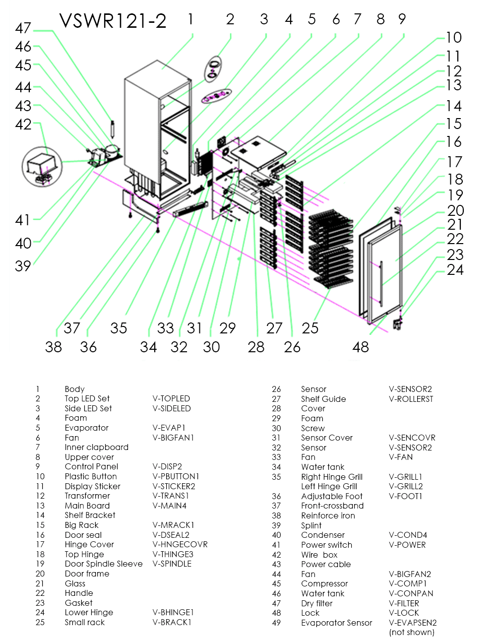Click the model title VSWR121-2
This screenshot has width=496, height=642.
coord(113,21)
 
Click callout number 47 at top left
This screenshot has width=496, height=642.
coord(23,28)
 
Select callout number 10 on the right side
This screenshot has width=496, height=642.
coord(453,38)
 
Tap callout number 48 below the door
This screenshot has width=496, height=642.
coord(361,347)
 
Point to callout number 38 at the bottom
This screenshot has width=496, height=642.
coord(54,347)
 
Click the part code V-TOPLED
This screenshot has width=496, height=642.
coord(171,398)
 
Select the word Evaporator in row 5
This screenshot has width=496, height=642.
coord(86,428)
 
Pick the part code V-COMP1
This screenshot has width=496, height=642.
coord(408,583)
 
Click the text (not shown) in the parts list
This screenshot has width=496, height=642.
coord(412,632)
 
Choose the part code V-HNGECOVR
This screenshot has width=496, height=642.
coord(180,544)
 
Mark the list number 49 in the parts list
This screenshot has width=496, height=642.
coord(276,623)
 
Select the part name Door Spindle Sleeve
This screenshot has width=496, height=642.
coord(103,564)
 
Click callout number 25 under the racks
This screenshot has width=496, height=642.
coord(310,328)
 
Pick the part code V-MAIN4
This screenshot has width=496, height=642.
coord(169,506)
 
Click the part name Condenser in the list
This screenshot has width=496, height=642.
coord(322,535)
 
